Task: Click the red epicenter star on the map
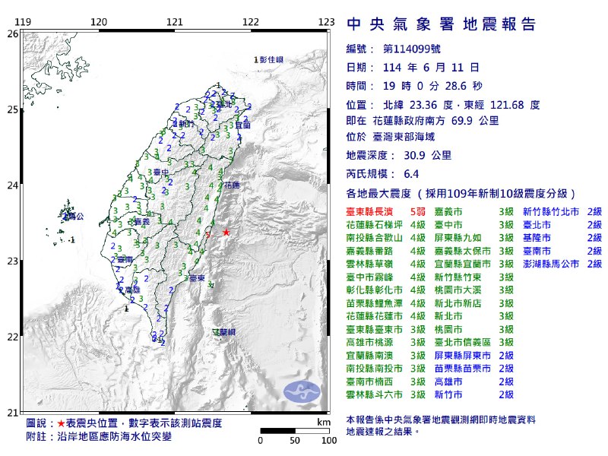226,231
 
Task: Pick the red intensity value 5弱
416,212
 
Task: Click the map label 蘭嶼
223,332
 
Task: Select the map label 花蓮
232,185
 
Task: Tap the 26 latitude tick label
12,34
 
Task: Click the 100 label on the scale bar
328,440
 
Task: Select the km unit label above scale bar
324,421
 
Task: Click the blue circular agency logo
299,391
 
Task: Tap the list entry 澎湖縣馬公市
549,264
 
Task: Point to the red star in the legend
60,422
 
